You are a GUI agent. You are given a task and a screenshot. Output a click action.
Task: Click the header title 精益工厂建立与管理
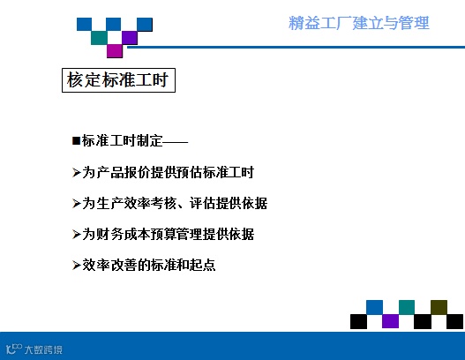359,23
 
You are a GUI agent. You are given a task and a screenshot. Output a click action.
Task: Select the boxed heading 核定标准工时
118,80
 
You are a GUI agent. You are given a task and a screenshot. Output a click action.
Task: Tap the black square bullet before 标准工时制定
76,140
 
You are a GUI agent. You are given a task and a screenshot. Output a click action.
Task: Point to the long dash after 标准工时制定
176,142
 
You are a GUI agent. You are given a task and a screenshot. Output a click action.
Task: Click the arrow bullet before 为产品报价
76,172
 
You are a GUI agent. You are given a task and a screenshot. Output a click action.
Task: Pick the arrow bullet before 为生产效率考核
76,204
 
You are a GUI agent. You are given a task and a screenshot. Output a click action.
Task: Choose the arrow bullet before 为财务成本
76,235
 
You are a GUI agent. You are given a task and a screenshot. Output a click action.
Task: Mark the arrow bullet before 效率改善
76,265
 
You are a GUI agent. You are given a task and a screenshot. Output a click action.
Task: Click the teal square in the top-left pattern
99,38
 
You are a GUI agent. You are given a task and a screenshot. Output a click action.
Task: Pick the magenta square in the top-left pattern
115,50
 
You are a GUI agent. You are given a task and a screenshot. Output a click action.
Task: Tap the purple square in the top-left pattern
130,38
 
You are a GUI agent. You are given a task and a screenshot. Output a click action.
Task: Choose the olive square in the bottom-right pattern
439,307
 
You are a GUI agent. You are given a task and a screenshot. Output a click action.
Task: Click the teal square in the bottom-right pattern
407,307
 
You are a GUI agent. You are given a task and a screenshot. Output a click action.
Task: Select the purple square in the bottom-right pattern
390,321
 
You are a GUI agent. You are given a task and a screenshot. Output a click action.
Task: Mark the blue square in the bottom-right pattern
374,307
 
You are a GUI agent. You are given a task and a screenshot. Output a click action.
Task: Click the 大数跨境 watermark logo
34,349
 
